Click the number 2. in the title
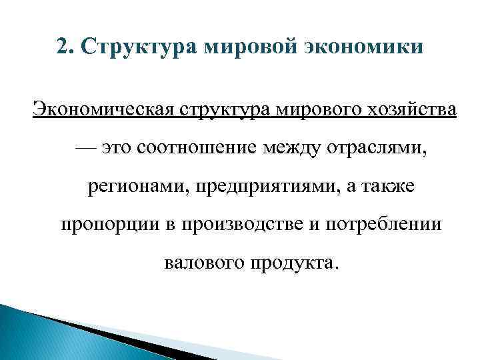tap(64, 48)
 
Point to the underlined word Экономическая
tap(101, 109)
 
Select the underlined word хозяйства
tap(415, 109)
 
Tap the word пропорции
tap(103, 225)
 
